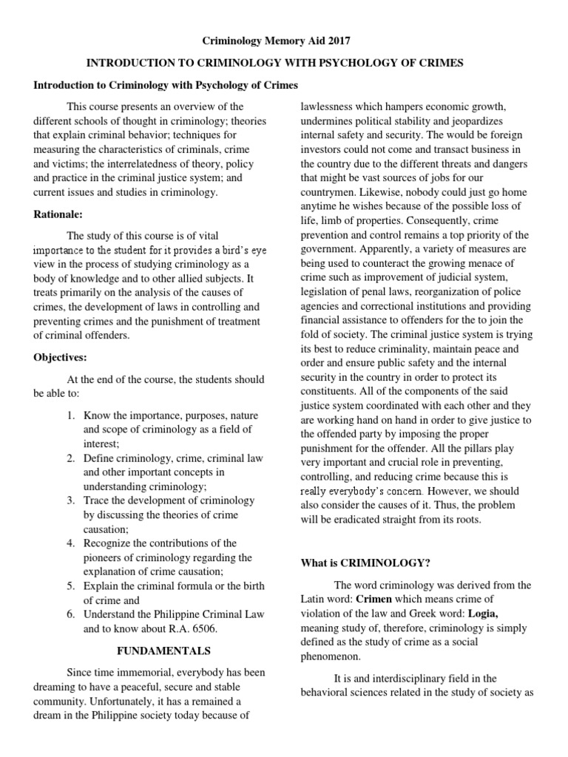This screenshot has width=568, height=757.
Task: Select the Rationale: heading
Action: pos(58,214)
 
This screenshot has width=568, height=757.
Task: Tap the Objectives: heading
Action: pos(61,357)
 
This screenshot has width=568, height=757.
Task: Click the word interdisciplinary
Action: pos(414,678)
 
